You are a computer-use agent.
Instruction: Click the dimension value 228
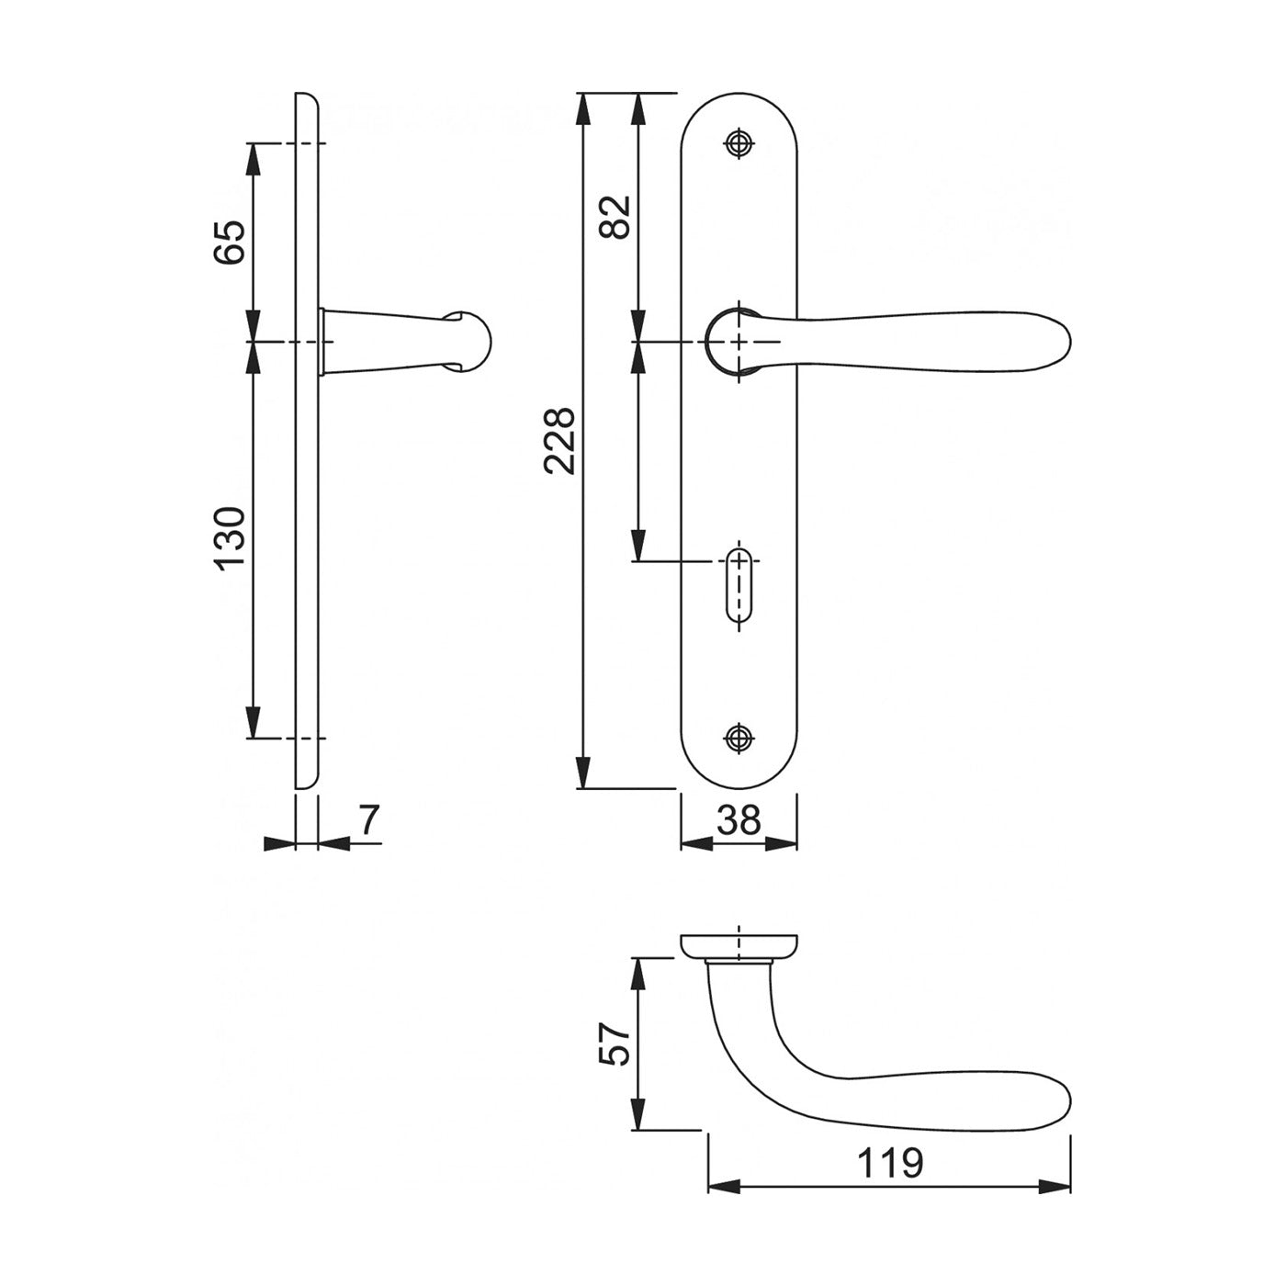559,441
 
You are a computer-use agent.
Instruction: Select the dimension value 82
615,217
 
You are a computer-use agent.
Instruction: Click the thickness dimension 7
369,819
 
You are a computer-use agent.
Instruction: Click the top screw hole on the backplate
739,142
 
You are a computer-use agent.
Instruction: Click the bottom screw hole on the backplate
739,738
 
